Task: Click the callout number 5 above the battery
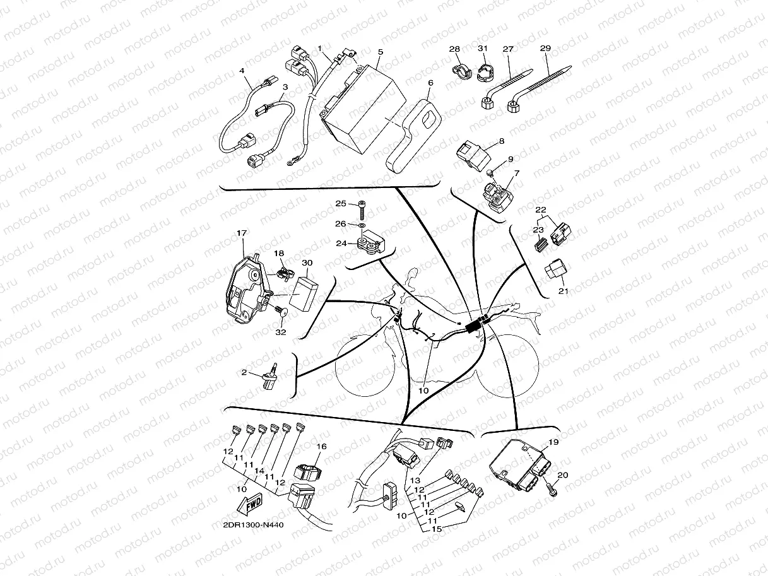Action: pos(381,52)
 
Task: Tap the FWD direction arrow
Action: pos(249,504)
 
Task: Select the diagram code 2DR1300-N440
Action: pos(253,525)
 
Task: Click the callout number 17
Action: pos(242,233)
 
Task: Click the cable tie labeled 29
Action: pos(539,89)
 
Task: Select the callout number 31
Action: pos(483,48)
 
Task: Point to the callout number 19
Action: pos(553,442)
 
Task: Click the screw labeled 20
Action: pos(552,490)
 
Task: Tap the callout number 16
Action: pos(321,446)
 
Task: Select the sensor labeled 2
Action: pos(269,377)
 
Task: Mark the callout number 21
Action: pos(563,291)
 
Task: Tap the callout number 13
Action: pos(415,480)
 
